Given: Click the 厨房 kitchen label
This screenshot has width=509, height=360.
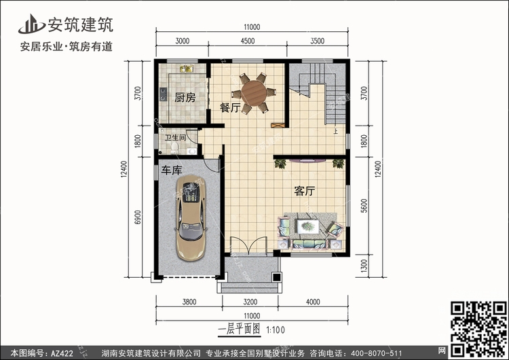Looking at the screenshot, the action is [x=185, y=97].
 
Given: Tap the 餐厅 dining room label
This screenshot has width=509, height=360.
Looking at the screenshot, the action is [x=230, y=107].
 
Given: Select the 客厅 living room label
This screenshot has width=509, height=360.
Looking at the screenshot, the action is [x=305, y=191].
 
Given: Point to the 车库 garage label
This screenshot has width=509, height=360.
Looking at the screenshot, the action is [x=172, y=170].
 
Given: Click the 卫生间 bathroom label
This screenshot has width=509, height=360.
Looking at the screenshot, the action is [x=175, y=138].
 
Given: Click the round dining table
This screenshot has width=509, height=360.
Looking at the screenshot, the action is [x=254, y=93].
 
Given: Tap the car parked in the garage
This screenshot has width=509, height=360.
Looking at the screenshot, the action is [x=191, y=217].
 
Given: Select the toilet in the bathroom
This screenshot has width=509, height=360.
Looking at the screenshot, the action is [x=174, y=148].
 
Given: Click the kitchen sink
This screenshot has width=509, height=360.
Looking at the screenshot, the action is [x=187, y=69].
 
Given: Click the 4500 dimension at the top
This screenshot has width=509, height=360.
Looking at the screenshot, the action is [x=248, y=41].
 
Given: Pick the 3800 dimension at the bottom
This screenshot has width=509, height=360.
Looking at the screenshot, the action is [x=189, y=302].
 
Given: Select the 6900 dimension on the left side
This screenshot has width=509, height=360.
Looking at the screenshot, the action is [x=138, y=217].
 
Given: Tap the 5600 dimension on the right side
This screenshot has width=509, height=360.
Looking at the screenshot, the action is [x=364, y=206].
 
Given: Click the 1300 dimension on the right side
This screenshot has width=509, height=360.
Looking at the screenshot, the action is [x=364, y=266].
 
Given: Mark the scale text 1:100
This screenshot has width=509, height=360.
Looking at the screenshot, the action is [x=276, y=330].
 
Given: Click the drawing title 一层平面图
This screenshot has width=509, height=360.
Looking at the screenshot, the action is [x=240, y=329].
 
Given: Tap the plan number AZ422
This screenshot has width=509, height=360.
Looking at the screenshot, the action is [x=62, y=353].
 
